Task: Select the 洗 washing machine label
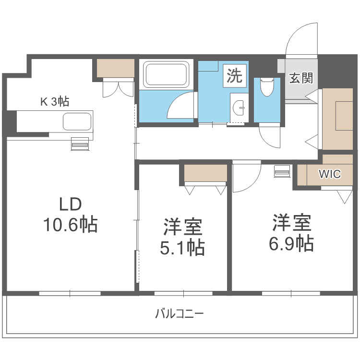235,76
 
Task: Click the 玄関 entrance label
301,78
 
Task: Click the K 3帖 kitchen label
54,101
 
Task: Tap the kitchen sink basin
77,121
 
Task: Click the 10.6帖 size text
71,224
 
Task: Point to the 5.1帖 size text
182,247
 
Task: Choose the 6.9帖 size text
291,243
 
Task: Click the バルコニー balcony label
180,314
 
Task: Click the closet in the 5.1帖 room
205,173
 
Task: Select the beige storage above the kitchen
115,68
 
